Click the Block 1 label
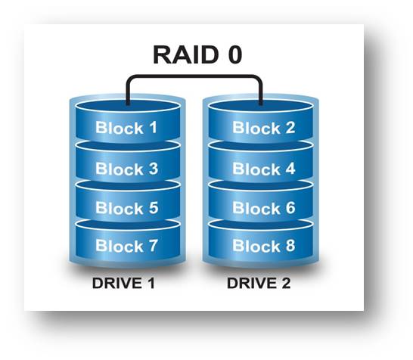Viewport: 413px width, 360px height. click(126, 128)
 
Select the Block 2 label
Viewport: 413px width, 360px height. click(263, 128)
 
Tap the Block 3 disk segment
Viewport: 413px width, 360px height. click(126, 168)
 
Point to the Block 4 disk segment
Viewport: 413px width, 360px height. click(263, 168)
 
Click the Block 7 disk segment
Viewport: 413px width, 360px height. click(126, 246)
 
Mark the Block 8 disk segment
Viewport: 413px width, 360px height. click(263, 246)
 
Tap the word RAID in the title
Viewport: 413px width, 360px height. click(182, 55)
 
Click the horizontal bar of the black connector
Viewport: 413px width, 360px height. click(194, 76)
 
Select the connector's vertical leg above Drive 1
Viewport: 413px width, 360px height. click(128, 91)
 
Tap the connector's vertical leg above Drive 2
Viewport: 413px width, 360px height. click(262, 91)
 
